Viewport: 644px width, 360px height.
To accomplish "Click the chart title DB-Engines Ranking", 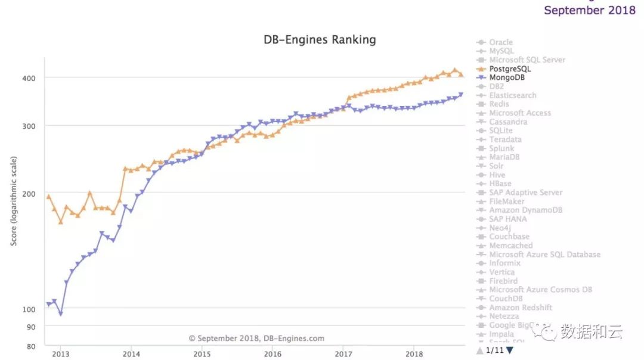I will [320, 40].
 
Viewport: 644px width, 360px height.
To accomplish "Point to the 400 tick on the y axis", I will [30, 78].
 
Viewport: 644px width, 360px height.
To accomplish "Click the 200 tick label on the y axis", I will [30, 194].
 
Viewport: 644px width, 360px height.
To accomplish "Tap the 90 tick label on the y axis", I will [32, 327].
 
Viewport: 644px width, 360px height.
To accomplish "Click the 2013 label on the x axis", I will [60, 353].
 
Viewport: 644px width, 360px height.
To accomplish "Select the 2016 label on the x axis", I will [273, 353].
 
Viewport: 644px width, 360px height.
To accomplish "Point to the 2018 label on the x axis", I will [414, 353].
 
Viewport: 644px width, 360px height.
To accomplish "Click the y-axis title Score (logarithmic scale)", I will [14, 201].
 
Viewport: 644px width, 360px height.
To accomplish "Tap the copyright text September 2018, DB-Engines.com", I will [257, 339].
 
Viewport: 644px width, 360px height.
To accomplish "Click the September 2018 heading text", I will [590, 10].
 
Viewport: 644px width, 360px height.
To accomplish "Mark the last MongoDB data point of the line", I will [461, 94].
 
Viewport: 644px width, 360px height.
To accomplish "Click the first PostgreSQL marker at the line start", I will [48, 197].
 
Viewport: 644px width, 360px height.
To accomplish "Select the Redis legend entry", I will [499, 104].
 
